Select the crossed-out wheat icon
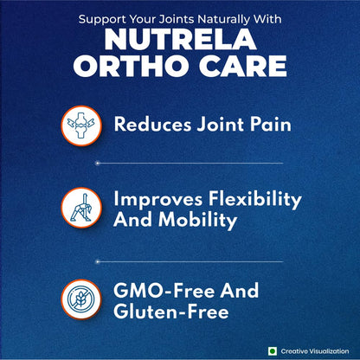[80, 299]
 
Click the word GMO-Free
[157, 288]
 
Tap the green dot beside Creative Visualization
[271, 350]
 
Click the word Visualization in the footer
[330, 350]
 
